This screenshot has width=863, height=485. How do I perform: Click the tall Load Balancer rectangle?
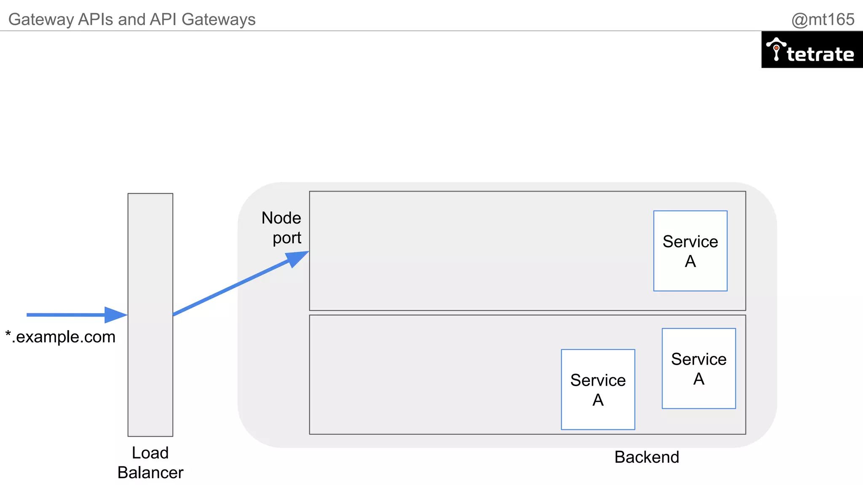(150, 314)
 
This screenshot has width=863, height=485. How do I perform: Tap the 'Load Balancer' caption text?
(150, 462)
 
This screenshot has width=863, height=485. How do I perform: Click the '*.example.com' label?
(60, 337)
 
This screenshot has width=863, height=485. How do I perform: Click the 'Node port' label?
(281, 228)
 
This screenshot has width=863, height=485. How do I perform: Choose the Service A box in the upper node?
(690, 251)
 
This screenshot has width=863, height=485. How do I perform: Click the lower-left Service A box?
(598, 389)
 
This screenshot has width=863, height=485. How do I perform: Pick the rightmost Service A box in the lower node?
(699, 368)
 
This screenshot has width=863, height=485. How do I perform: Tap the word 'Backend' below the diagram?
(646, 457)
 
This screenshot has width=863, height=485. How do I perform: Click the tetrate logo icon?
(776, 49)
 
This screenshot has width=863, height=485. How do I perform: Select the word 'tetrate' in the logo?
(820, 54)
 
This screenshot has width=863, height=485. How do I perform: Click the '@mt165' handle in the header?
(823, 19)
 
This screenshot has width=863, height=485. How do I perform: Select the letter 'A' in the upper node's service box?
(690, 261)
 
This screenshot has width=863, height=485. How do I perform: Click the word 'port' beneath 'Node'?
(287, 238)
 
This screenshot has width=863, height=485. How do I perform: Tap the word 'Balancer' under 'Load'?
(150, 472)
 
